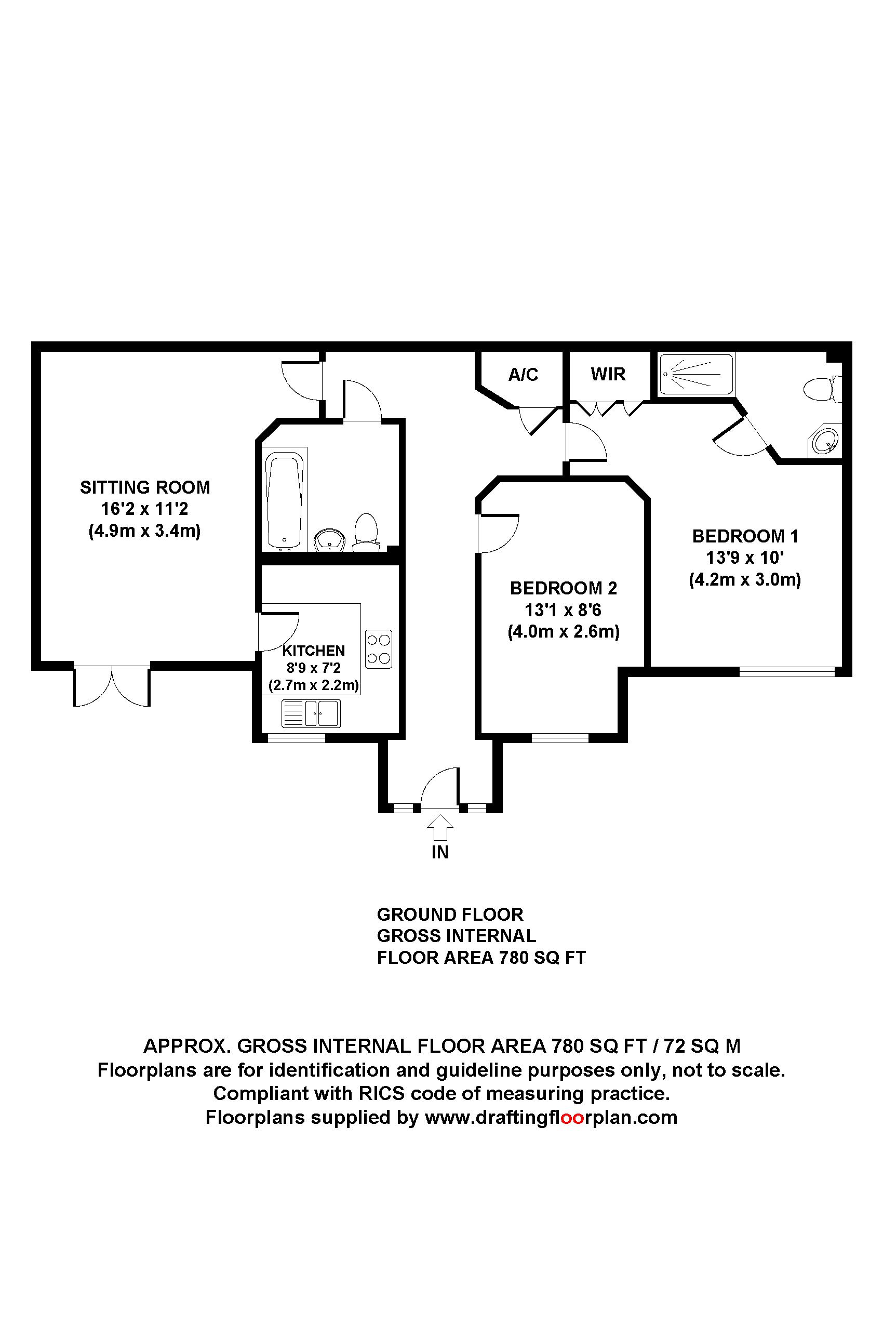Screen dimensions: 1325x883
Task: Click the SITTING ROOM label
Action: pyautogui.click(x=145, y=487)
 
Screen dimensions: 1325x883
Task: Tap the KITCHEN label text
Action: pyautogui.click(x=313, y=651)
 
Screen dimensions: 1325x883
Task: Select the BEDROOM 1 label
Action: pyautogui.click(x=744, y=536)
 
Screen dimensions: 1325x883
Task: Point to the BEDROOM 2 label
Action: pyautogui.click(x=563, y=588)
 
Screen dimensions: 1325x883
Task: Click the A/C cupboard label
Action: pyautogui.click(x=523, y=375)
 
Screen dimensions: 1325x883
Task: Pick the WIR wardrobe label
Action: pyautogui.click(x=608, y=374)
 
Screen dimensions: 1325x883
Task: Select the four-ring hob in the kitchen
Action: pyautogui.click(x=379, y=648)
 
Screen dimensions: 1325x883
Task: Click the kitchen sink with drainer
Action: pyautogui.click(x=311, y=713)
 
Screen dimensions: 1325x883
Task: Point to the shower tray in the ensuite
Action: pyautogui.click(x=697, y=374)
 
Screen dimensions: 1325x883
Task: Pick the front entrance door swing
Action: pyautogui.click(x=440, y=788)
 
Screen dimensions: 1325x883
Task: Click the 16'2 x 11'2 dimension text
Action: pyautogui.click(x=145, y=509)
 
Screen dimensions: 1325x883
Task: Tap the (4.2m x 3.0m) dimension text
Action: pyautogui.click(x=744, y=580)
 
